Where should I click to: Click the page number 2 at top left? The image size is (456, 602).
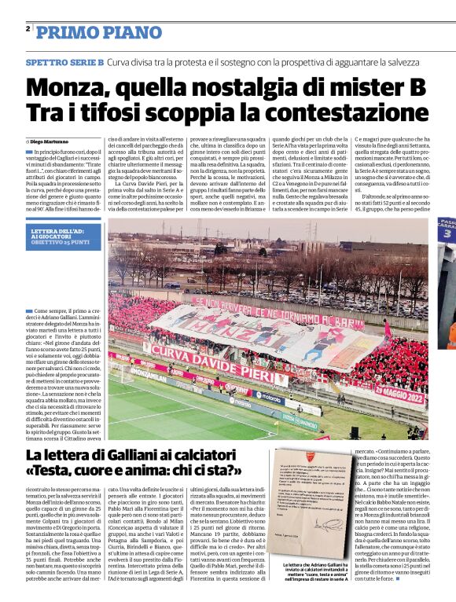[x=28, y=28]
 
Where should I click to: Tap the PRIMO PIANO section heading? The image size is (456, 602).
[x=88, y=32]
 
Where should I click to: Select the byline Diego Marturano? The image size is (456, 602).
[x=52, y=140]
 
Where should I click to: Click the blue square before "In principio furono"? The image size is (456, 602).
[x=30, y=151]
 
